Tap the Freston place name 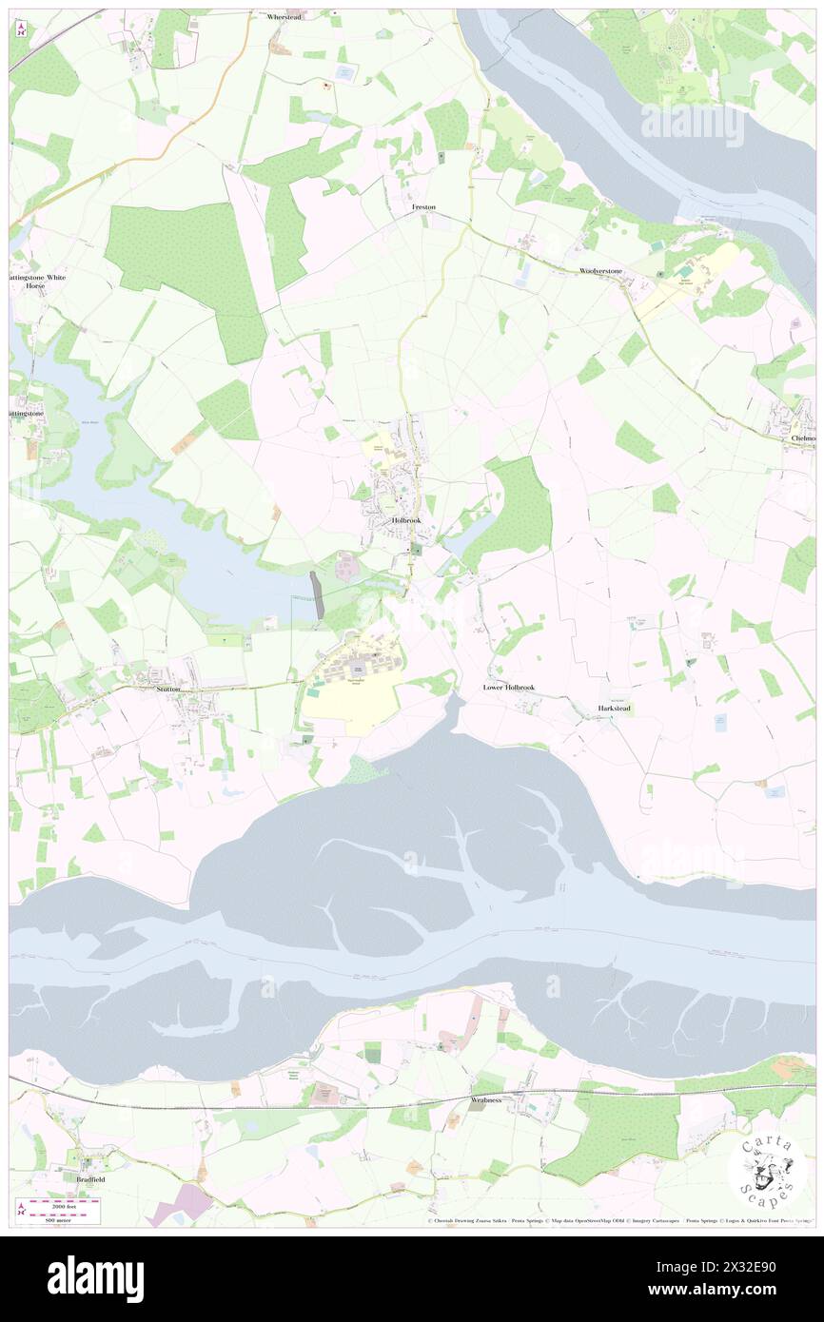click(424, 206)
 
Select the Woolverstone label click(600, 271)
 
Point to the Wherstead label click(284, 17)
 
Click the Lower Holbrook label click(508, 687)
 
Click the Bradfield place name click(86, 1179)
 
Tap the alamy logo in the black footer click(95, 1278)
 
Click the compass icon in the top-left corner click(21, 29)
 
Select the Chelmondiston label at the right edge click(803, 438)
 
